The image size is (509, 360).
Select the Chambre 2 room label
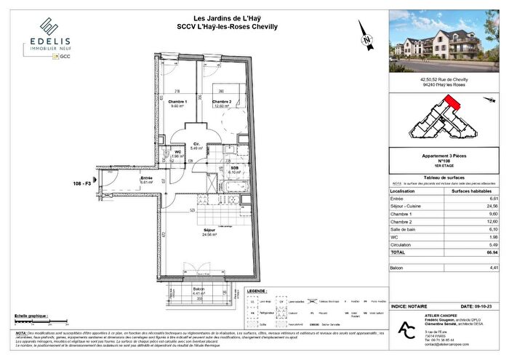coord(221,102)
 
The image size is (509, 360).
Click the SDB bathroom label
coord(236,167)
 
